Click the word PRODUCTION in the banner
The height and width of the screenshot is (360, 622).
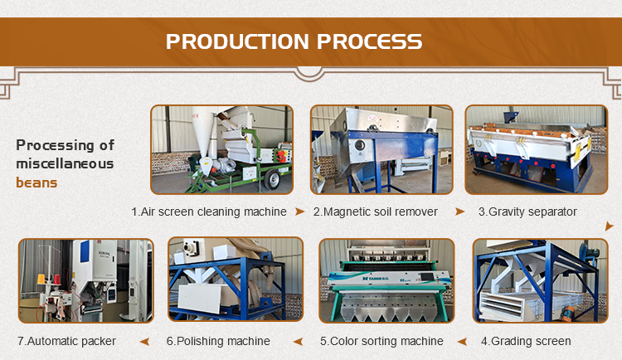tap(237, 41)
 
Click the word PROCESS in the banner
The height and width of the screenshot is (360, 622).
tap(369, 41)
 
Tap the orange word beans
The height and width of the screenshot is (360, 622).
tap(36, 182)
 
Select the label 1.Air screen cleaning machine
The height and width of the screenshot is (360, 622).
tap(209, 212)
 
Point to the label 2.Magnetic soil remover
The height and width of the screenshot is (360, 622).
tap(375, 212)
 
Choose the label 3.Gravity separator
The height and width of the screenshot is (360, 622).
tap(527, 212)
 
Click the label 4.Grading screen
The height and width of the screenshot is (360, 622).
tap(526, 341)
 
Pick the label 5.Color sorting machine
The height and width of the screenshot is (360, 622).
tap(381, 341)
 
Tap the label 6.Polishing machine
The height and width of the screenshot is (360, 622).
tap(218, 341)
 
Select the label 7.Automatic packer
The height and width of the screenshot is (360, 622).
tap(66, 341)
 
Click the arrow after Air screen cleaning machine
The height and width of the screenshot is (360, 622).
tap(300, 212)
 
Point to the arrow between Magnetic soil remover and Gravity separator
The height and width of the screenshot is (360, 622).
tap(459, 212)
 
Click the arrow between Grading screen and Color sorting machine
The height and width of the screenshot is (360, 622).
tap(462, 342)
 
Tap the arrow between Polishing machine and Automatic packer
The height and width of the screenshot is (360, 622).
tap(145, 342)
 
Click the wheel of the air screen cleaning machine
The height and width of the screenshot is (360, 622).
tap(272, 180)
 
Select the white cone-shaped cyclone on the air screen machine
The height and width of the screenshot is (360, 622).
tap(203, 136)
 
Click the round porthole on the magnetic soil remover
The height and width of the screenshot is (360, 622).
tap(359, 146)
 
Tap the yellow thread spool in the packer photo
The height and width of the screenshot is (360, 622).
tap(41, 279)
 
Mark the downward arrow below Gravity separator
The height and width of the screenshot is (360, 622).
tap(609, 226)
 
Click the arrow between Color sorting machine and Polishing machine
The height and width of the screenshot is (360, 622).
tap(299, 342)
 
